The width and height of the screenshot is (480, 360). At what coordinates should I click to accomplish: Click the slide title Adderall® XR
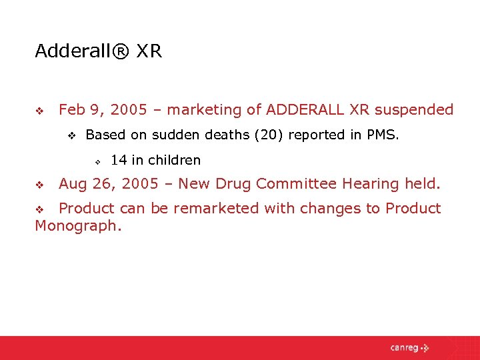click(98, 51)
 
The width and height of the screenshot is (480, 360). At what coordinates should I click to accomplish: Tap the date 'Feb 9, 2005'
click(99, 110)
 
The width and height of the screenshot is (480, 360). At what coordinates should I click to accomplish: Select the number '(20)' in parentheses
click(263, 135)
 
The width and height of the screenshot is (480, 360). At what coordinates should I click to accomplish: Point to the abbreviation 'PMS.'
click(383, 135)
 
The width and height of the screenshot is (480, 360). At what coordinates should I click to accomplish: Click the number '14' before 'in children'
click(119, 160)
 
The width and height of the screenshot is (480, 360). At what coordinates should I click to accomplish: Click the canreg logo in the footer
click(409, 347)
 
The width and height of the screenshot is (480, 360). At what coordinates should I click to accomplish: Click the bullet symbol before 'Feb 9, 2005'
click(39, 111)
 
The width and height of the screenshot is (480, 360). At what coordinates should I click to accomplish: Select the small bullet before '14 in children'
click(97, 161)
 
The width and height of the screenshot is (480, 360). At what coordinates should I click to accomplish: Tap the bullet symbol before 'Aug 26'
click(39, 184)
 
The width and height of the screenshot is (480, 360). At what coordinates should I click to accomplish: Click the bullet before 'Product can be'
click(39, 209)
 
